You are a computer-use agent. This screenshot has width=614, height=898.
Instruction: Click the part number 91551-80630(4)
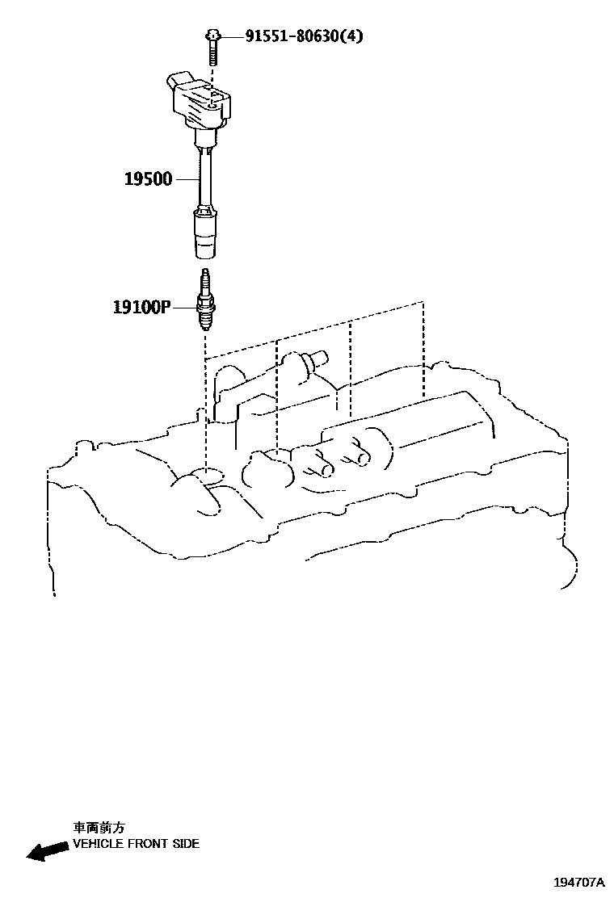click(x=293, y=36)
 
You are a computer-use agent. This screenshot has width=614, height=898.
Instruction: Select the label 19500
click(x=148, y=179)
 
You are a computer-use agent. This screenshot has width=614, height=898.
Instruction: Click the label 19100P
click(x=142, y=307)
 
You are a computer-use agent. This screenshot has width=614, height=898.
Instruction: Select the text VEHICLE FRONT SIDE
click(x=136, y=844)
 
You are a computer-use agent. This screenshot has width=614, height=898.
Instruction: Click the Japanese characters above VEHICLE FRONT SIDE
click(x=99, y=828)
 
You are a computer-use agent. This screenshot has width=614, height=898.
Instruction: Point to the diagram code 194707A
click(x=578, y=883)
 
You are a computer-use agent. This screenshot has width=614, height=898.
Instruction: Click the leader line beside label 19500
click(x=187, y=178)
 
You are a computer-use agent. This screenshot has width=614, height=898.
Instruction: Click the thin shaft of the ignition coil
click(x=207, y=178)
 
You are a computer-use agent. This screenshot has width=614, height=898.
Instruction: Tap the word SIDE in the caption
click(x=185, y=844)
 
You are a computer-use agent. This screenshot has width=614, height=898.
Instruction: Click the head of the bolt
click(x=211, y=36)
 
